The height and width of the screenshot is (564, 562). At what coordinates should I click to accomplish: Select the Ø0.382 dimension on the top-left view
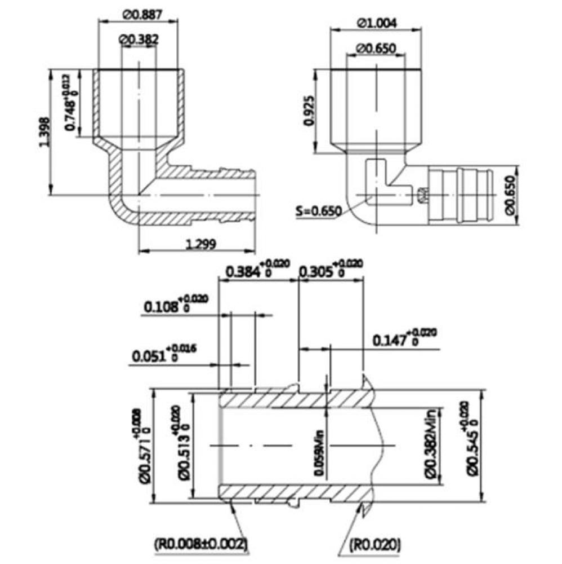(139, 39)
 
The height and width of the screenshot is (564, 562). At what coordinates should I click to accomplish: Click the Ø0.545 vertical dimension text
(475, 446)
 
